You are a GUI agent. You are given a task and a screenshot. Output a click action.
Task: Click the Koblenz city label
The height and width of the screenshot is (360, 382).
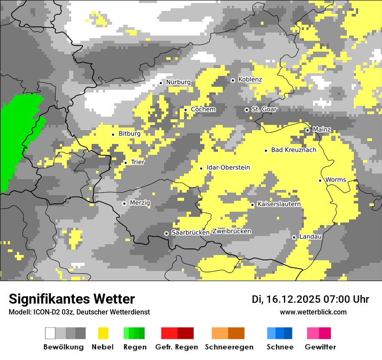pos(250,79)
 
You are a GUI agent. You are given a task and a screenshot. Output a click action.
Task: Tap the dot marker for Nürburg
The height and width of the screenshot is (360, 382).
pos(161,82)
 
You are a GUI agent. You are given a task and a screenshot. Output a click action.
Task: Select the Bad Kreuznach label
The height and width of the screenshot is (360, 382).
pos(293,150)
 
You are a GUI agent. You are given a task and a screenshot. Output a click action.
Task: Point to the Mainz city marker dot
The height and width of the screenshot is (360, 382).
pos(307,130)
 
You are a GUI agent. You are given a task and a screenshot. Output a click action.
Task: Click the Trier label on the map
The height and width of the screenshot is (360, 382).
pos(138,162)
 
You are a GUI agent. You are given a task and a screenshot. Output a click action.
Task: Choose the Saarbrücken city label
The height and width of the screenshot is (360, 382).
pos(191,232)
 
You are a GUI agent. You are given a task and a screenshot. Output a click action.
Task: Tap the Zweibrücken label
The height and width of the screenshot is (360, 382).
pos(231,231)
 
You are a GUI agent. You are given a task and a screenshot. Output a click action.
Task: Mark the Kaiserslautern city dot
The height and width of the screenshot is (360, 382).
pos(252,205)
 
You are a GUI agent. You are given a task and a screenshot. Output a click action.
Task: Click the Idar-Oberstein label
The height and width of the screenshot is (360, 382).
pos(228,167)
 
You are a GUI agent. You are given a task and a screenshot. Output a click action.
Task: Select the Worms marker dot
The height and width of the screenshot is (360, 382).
pos(320,180)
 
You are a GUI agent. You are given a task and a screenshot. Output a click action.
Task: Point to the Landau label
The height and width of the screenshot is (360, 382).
pos(310,237)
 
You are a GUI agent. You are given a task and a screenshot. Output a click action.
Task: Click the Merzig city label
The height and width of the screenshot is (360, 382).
pos(140,203)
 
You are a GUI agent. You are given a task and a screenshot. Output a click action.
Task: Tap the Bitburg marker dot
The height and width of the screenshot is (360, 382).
pos(113,134)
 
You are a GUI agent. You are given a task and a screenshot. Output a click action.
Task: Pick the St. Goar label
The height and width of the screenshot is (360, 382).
pos(264,109)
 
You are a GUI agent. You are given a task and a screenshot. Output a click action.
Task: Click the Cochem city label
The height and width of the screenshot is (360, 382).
pos(203,109)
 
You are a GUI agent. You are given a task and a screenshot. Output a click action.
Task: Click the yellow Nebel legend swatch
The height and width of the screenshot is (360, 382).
pos(103,333)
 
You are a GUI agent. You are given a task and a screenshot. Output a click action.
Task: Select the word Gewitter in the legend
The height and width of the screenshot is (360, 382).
pos(320,347)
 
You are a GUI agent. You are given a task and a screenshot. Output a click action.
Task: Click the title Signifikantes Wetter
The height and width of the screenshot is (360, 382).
pos(72,299)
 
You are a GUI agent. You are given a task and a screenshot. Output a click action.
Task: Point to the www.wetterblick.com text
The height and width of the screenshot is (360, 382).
pos(313,312)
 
